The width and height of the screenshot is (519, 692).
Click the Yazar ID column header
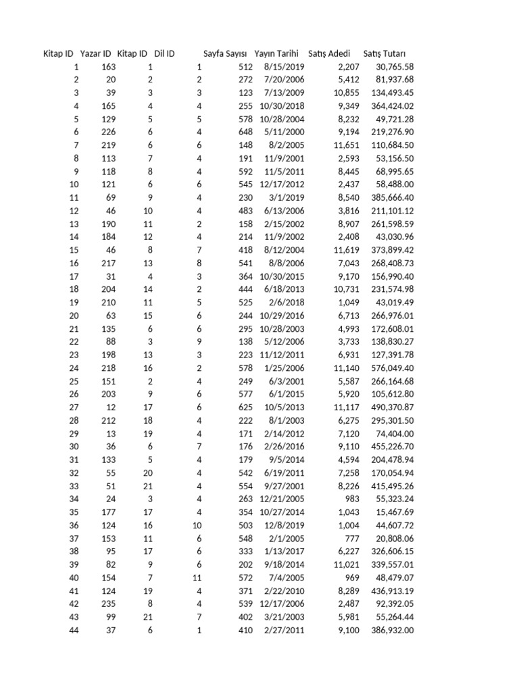click(x=95, y=53)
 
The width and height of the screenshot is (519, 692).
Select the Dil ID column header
click(x=164, y=53)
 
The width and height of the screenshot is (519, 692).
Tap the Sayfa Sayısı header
click(x=226, y=53)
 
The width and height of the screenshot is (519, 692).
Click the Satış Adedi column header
click(x=329, y=53)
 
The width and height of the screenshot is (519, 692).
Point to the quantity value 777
click(x=351, y=539)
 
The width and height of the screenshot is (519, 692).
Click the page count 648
click(x=245, y=132)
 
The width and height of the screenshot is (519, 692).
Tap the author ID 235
click(x=107, y=604)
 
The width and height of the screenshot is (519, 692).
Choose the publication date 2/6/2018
click(x=287, y=303)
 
